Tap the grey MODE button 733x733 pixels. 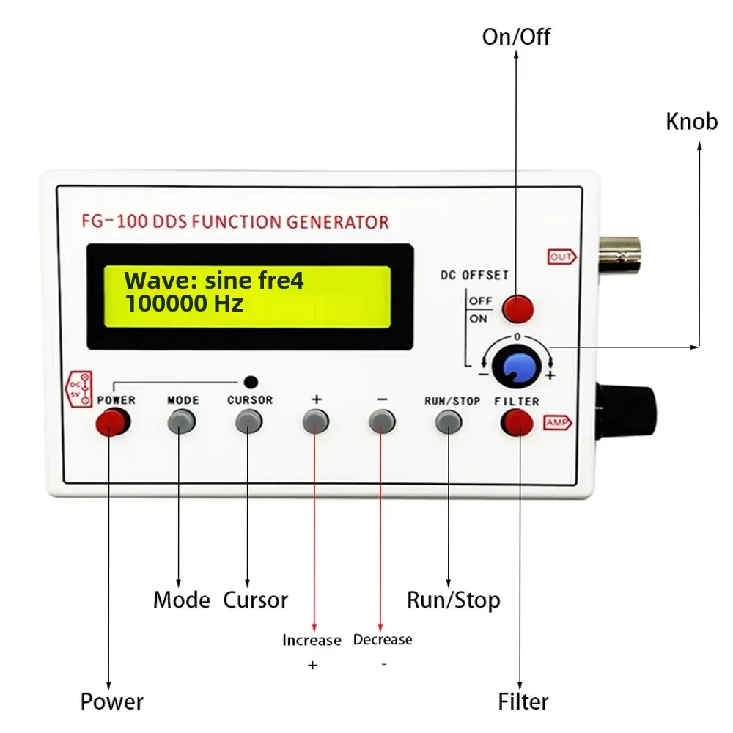[182, 421]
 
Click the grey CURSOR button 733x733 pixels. [249, 421]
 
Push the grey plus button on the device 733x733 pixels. [316, 421]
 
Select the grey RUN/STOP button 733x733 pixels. [449, 421]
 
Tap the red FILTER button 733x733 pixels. [517, 422]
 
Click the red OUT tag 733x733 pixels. [561, 257]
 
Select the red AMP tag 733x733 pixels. [557, 422]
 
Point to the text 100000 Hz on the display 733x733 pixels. [184, 303]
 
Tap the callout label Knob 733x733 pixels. [691, 122]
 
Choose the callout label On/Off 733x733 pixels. [516, 37]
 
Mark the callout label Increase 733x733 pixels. [312, 640]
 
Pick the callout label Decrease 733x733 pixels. [383, 639]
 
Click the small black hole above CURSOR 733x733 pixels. [251, 381]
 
